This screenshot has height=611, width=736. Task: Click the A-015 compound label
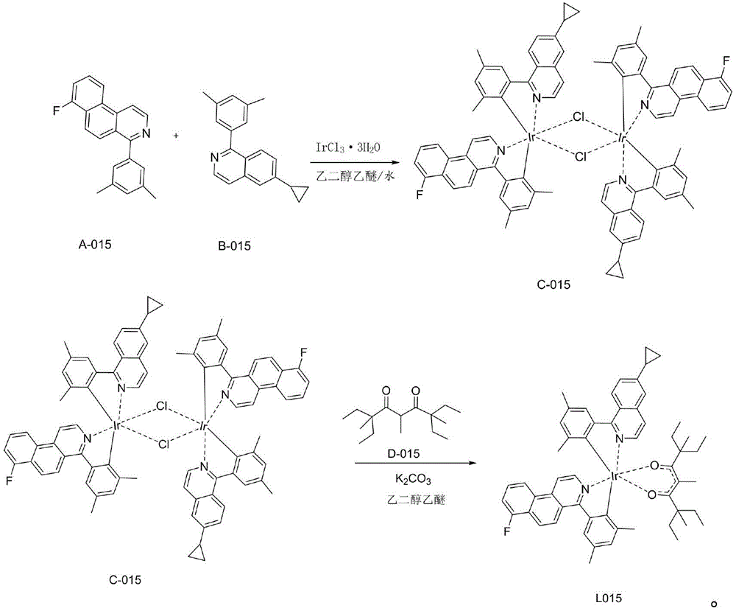(95, 245)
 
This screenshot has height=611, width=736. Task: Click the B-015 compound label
(234, 245)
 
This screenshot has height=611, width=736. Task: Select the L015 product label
(606, 598)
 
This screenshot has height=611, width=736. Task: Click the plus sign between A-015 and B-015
(177, 136)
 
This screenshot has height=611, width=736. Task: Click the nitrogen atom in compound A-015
(145, 134)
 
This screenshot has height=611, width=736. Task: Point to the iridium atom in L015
(614, 477)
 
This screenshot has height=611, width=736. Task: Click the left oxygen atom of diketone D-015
(386, 390)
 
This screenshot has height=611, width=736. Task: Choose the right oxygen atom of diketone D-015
(415, 390)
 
